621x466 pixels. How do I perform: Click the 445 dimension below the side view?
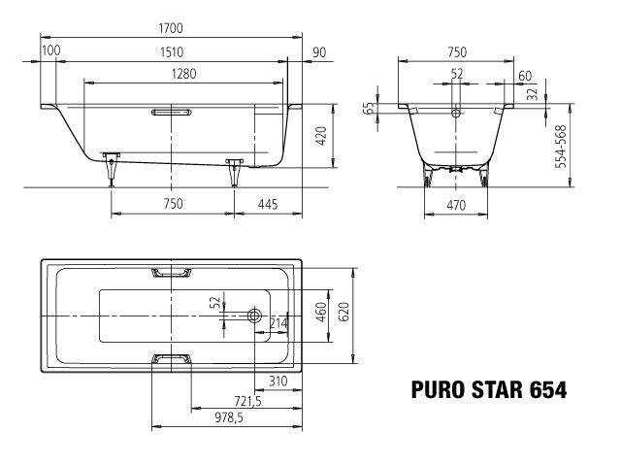tap(269, 204)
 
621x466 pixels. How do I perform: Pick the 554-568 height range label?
tap(562, 146)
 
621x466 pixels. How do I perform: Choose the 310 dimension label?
tap(278, 381)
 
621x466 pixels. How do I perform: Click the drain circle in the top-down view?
tap(254, 316)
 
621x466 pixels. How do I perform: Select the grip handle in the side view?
tap(172, 114)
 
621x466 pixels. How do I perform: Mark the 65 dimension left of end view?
tap(369, 109)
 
